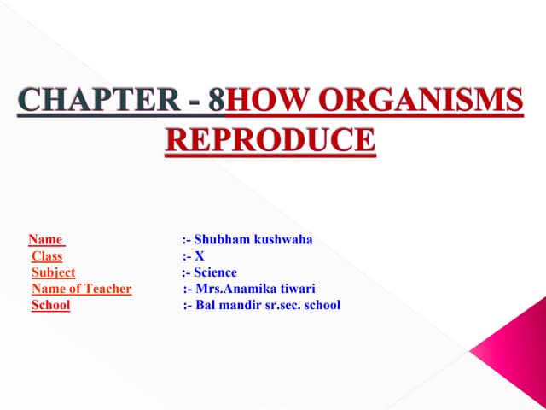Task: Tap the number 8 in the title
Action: pos(217,102)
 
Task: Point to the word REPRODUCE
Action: pos(269,138)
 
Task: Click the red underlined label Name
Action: pos(46,240)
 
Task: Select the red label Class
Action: pos(47,256)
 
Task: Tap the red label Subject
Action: pos(53,272)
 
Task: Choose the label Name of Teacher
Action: pos(81,289)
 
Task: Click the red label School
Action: pos(50,305)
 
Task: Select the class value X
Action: pos(200,256)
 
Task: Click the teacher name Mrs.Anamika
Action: pos(232,289)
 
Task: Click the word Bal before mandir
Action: pos(206,305)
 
